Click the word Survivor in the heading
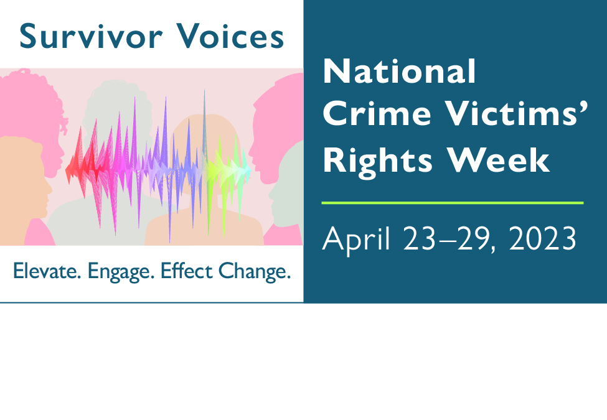coord(91,36)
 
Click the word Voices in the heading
coord(230,36)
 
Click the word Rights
coord(377,162)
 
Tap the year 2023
coord(543,238)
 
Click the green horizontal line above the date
coord(453,203)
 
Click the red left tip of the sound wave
coord(66,170)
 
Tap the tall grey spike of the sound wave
coord(204,124)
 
